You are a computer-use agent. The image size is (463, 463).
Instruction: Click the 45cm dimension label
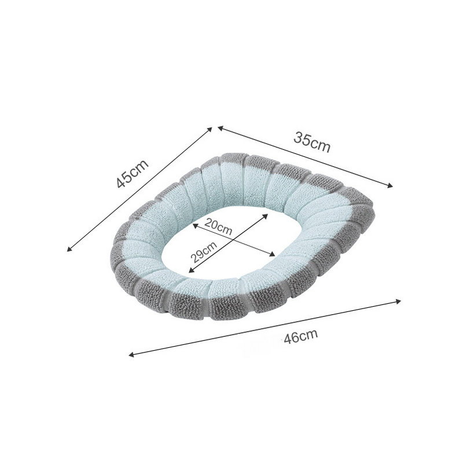(133, 174)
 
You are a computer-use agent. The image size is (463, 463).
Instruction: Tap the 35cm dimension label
(312, 142)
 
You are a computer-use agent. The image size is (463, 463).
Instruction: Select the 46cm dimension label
(301, 336)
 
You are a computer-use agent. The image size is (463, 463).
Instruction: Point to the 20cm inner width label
(218, 226)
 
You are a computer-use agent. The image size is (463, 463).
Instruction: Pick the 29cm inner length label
(204, 252)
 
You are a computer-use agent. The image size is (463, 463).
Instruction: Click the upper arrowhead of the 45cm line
(211, 128)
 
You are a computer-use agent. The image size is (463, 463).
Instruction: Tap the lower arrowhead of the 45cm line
(69, 249)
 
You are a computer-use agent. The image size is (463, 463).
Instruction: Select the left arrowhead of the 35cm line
(220, 128)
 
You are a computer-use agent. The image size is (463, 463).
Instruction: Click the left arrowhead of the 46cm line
(131, 355)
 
